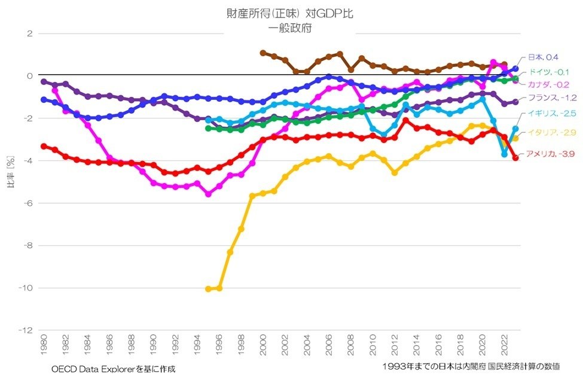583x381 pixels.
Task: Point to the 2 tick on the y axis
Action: pos(28,33)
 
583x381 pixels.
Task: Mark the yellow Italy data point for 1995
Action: pos(208,289)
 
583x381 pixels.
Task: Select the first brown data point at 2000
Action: pos(263,53)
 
